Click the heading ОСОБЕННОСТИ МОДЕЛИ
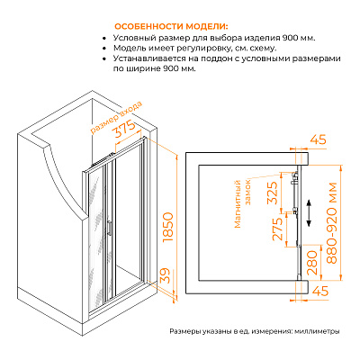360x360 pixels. pyautogui.click(x=171, y=26)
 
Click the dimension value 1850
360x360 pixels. pyautogui.click(x=167, y=228)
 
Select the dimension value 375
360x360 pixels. pyautogui.click(x=125, y=130)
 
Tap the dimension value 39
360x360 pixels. pyautogui.click(x=166, y=275)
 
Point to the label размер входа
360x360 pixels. pyautogui.click(x=116, y=117)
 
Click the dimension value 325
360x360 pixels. pyautogui.click(x=273, y=193)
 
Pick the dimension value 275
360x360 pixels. pyautogui.click(x=277, y=229)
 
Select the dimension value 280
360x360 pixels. pyautogui.click(x=312, y=263)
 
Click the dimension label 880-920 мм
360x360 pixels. pyautogui.click(x=332, y=223)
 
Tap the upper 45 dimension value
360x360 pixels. pyautogui.click(x=318, y=140)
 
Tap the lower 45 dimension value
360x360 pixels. pyautogui.click(x=320, y=291)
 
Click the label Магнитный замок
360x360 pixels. pyautogui.click(x=243, y=203)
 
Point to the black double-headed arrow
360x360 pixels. pyautogui.click(x=309, y=213)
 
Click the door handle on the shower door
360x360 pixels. pyautogui.click(x=110, y=227)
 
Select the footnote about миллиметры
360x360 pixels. pyautogui.click(x=255, y=331)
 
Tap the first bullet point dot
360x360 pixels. pyautogui.click(x=104, y=39)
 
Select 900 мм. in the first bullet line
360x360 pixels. pyautogui.click(x=300, y=39)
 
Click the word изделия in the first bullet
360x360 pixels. pyautogui.click(x=262, y=39)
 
